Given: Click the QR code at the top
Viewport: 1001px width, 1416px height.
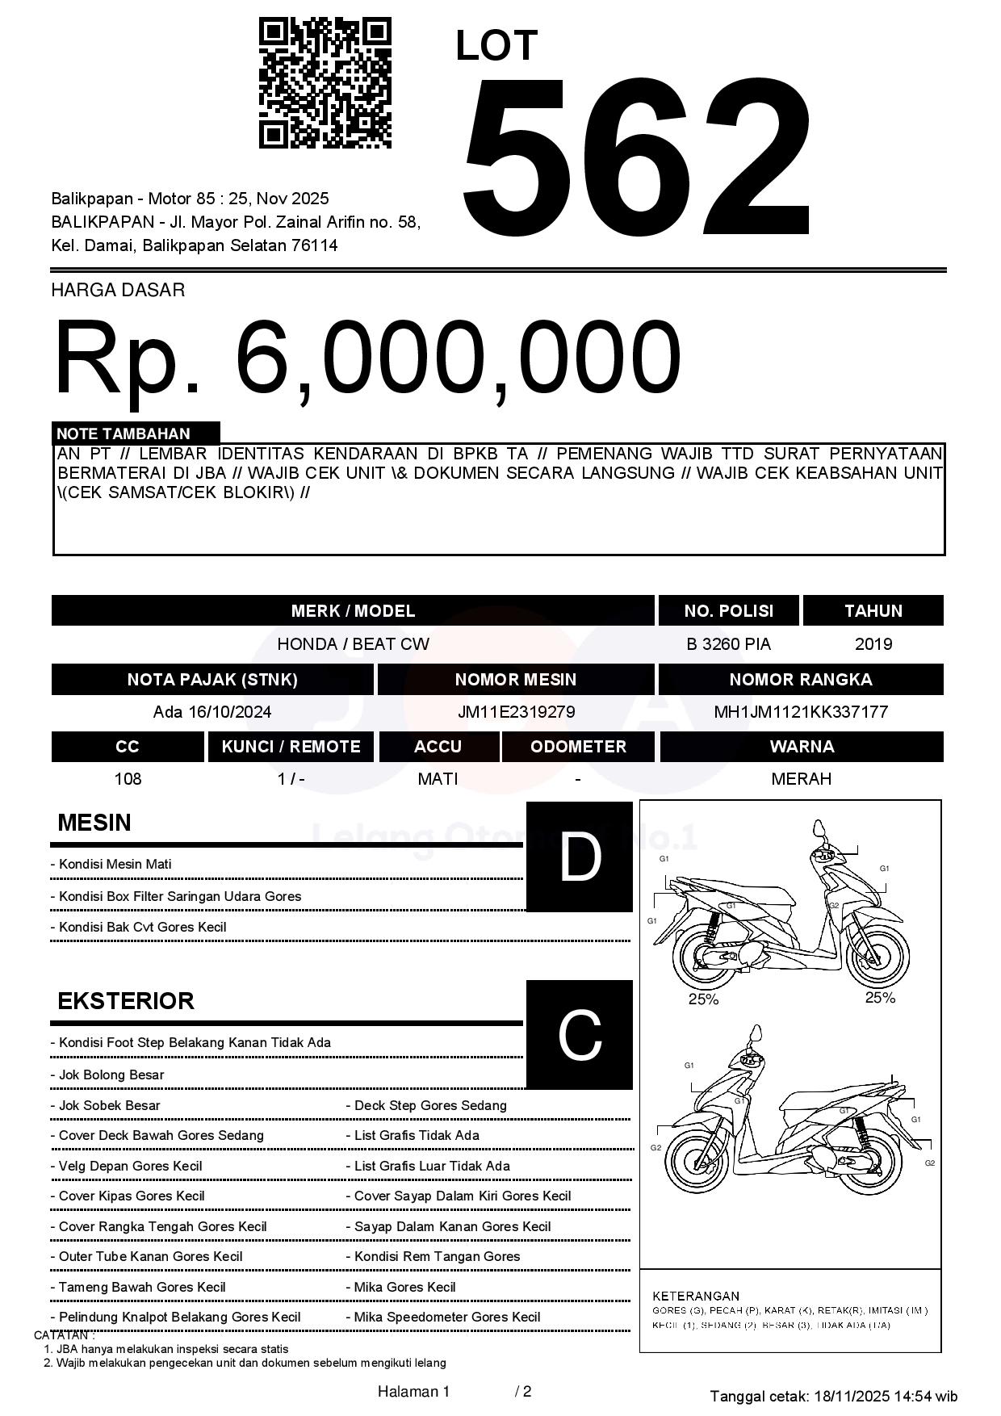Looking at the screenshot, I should (x=325, y=83).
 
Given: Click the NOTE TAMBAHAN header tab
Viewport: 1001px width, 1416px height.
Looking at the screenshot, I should (x=136, y=434).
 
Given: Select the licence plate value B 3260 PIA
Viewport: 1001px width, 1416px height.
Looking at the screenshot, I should (x=728, y=644).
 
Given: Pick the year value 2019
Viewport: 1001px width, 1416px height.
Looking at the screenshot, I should (x=873, y=644).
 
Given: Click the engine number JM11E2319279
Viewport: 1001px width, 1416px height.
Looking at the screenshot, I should (x=516, y=712).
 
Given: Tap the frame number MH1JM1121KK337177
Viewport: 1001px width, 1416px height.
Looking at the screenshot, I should (x=801, y=712).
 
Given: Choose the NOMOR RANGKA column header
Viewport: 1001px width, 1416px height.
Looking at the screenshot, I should (x=801, y=680).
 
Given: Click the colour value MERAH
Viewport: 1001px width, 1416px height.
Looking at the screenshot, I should (x=801, y=779).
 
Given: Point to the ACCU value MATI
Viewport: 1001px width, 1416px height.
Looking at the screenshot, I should (x=438, y=779).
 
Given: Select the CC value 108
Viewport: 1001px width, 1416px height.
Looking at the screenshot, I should (x=128, y=779).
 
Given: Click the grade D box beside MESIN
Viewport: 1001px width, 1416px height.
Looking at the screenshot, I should (x=579, y=857).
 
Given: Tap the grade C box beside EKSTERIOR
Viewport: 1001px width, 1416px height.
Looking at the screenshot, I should (x=579, y=1034).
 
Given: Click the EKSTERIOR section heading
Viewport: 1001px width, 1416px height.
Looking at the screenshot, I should (x=126, y=1001).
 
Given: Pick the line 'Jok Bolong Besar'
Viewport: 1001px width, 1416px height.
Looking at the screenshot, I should (x=111, y=1075).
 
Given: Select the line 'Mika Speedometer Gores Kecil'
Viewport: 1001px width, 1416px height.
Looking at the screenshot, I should (x=447, y=1318).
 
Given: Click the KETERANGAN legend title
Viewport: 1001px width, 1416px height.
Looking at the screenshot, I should (x=696, y=1296).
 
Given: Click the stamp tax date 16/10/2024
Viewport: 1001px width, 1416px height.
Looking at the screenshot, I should (x=230, y=712).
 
